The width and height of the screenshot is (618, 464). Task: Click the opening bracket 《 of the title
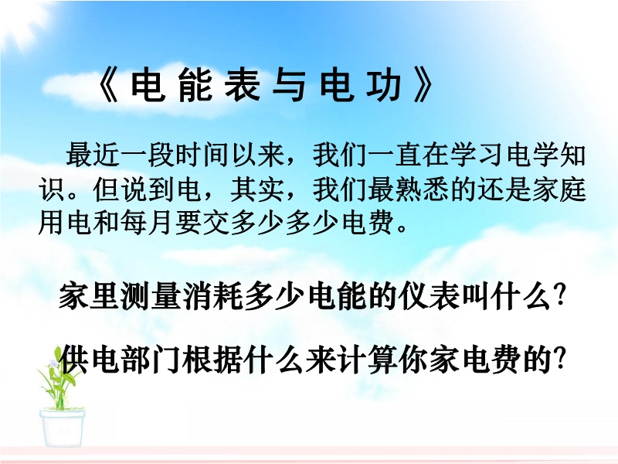107,86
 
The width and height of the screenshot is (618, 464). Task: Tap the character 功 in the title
384,85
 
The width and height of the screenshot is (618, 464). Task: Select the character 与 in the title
289,85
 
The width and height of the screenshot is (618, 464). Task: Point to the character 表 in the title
242,85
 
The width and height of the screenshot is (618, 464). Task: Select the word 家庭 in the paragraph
559,189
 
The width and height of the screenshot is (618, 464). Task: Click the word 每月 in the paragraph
148,223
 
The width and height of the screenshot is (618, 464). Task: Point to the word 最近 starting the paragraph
93,155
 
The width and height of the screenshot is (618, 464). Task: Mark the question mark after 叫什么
558,296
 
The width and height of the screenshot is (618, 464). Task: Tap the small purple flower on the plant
53,363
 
